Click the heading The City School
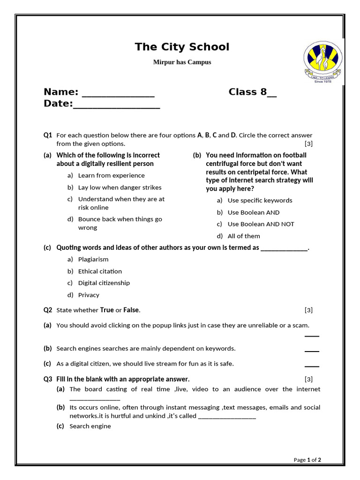click(x=182, y=47)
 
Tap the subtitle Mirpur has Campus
click(x=182, y=62)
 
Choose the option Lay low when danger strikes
click(x=120, y=187)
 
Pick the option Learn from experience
click(x=111, y=175)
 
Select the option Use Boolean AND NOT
click(x=261, y=224)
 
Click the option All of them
click(x=243, y=236)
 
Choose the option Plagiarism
click(x=93, y=259)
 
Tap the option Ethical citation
click(x=100, y=271)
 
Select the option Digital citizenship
click(x=104, y=283)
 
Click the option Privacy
click(x=89, y=295)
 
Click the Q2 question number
click(x=48, y=310)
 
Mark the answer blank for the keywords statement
click(x=312, y=350)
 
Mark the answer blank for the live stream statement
click(x=312, y=365)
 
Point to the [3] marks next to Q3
click(x=308, y=379)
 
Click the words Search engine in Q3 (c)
click(x=90, y=426)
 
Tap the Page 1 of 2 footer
click(x=307, y=460)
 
